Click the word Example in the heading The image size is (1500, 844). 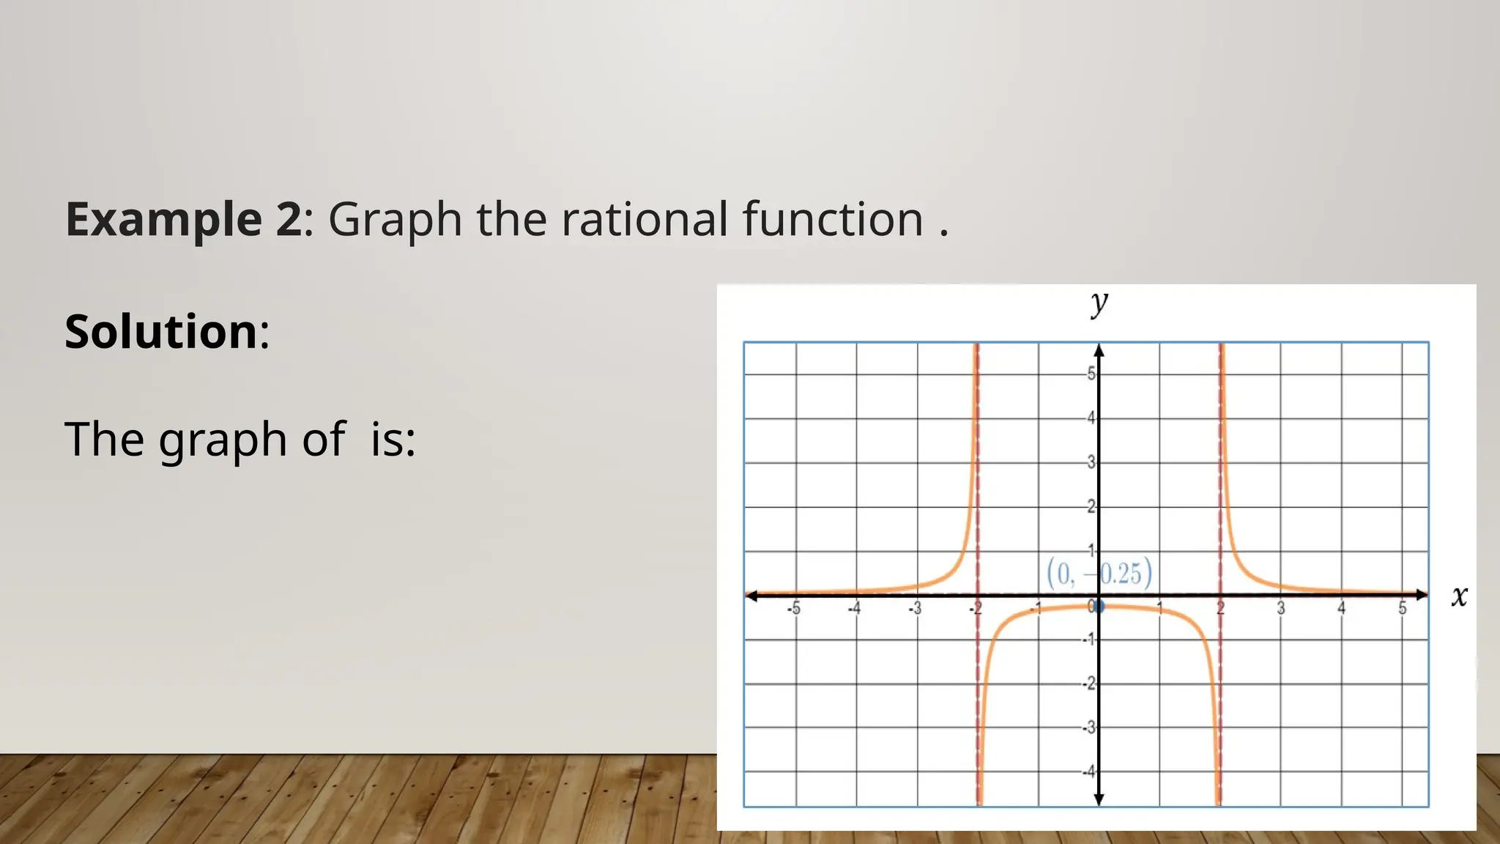(163, 219)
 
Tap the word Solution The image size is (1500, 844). (161, 331)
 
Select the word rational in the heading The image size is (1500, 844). (645, 219)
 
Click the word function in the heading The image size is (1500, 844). (833, 219)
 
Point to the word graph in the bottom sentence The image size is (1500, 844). (223, 440)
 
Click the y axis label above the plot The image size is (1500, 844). (1099, 302)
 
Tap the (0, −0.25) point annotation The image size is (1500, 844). (1099, 572)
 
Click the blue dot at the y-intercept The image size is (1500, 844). (1099, 607)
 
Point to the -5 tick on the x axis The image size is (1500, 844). (794, 608)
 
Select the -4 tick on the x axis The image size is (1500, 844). (854, 608)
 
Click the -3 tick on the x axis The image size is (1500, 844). (915, 608)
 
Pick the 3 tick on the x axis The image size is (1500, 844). (1281, 608)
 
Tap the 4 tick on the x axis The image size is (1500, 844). (1342, 608)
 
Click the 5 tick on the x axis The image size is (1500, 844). (1403, 608)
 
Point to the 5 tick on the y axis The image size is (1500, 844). (1091, 374)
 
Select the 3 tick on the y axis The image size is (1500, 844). (1091, 462)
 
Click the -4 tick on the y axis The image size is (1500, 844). (1089, 771)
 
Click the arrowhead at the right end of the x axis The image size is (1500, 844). (1422, 595)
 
